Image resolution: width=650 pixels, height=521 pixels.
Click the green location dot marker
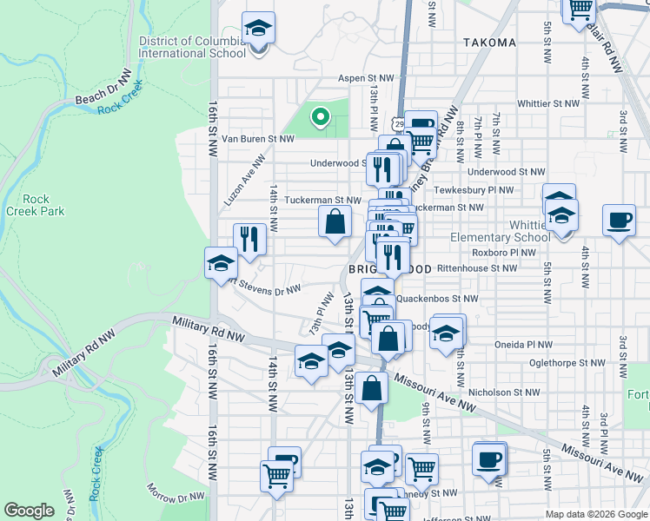point(320,115)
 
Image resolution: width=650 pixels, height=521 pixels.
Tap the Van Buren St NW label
point(259,138)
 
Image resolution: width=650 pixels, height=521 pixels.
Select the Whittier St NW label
point(547,102)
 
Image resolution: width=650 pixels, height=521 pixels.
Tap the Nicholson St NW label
point(505,392)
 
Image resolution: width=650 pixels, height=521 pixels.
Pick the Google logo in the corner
point(29,511)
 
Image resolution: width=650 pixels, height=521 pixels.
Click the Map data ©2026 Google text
point(596,514)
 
